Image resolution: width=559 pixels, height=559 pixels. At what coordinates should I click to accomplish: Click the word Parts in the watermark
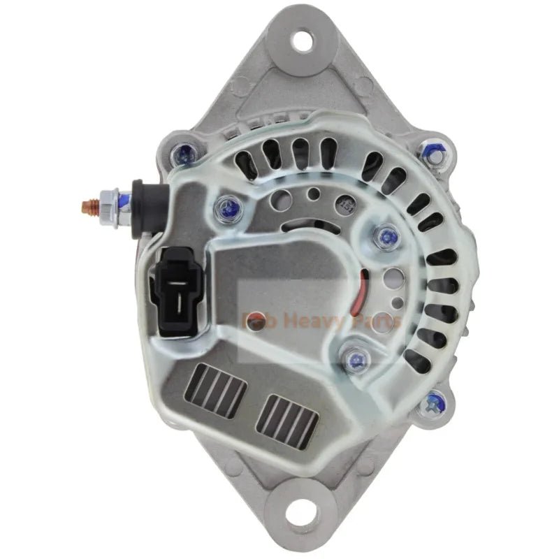(376, 321)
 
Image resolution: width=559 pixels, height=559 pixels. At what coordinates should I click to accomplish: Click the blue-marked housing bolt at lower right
(435, 402)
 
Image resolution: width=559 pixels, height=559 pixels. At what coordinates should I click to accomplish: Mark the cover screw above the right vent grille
(356, 361)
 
